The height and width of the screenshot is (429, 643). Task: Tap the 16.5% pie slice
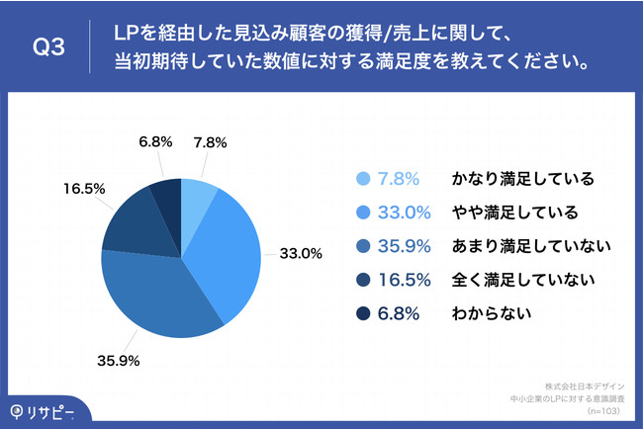click(131, 221)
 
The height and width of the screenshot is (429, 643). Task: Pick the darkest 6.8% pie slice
click(166, 196)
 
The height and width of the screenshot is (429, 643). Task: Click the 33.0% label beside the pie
click(302, 253)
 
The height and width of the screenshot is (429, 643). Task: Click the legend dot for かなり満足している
click(361, 179)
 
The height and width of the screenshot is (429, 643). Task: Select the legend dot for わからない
click(361, 315)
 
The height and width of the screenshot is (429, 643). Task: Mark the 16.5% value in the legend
click(400, 281)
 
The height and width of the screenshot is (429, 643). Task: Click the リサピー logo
click(44, 409)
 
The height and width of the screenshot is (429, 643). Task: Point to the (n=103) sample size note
click(603, 409)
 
